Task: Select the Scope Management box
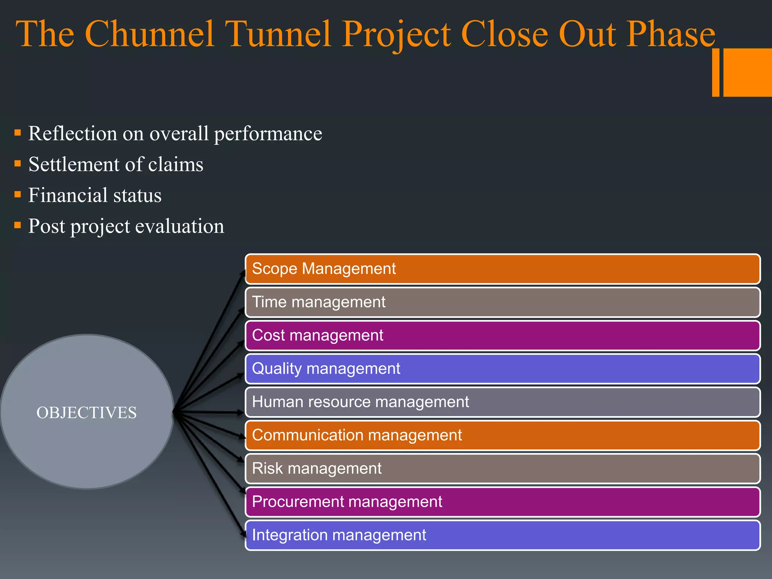pyautogui.click(x=502, y=269)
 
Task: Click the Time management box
pyautogui.click(x=502, y=302)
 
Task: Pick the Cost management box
pyautogui.click(x=502, y=335)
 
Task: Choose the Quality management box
pyautogui.click(x=502, y=369)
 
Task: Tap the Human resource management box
pyautogui.click(x=502, y=402)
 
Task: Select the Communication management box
pyautogui.click(x=502, y=435)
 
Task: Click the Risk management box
pyautogui.click(x=502, y=469)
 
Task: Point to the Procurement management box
pyautogui.click(x=502, y=502)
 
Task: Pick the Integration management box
pyautogui.click(x=502, y=535)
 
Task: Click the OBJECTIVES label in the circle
pyautogui.click(x=86, y=412)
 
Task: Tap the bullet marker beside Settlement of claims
pyautogui.click(x=17, y=164)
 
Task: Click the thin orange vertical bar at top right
pyautogui.click(x=715, y=72)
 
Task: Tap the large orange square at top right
pyautogui.click(x=747, y=72)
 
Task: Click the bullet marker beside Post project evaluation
pyautogui.click(x=17, y=225)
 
